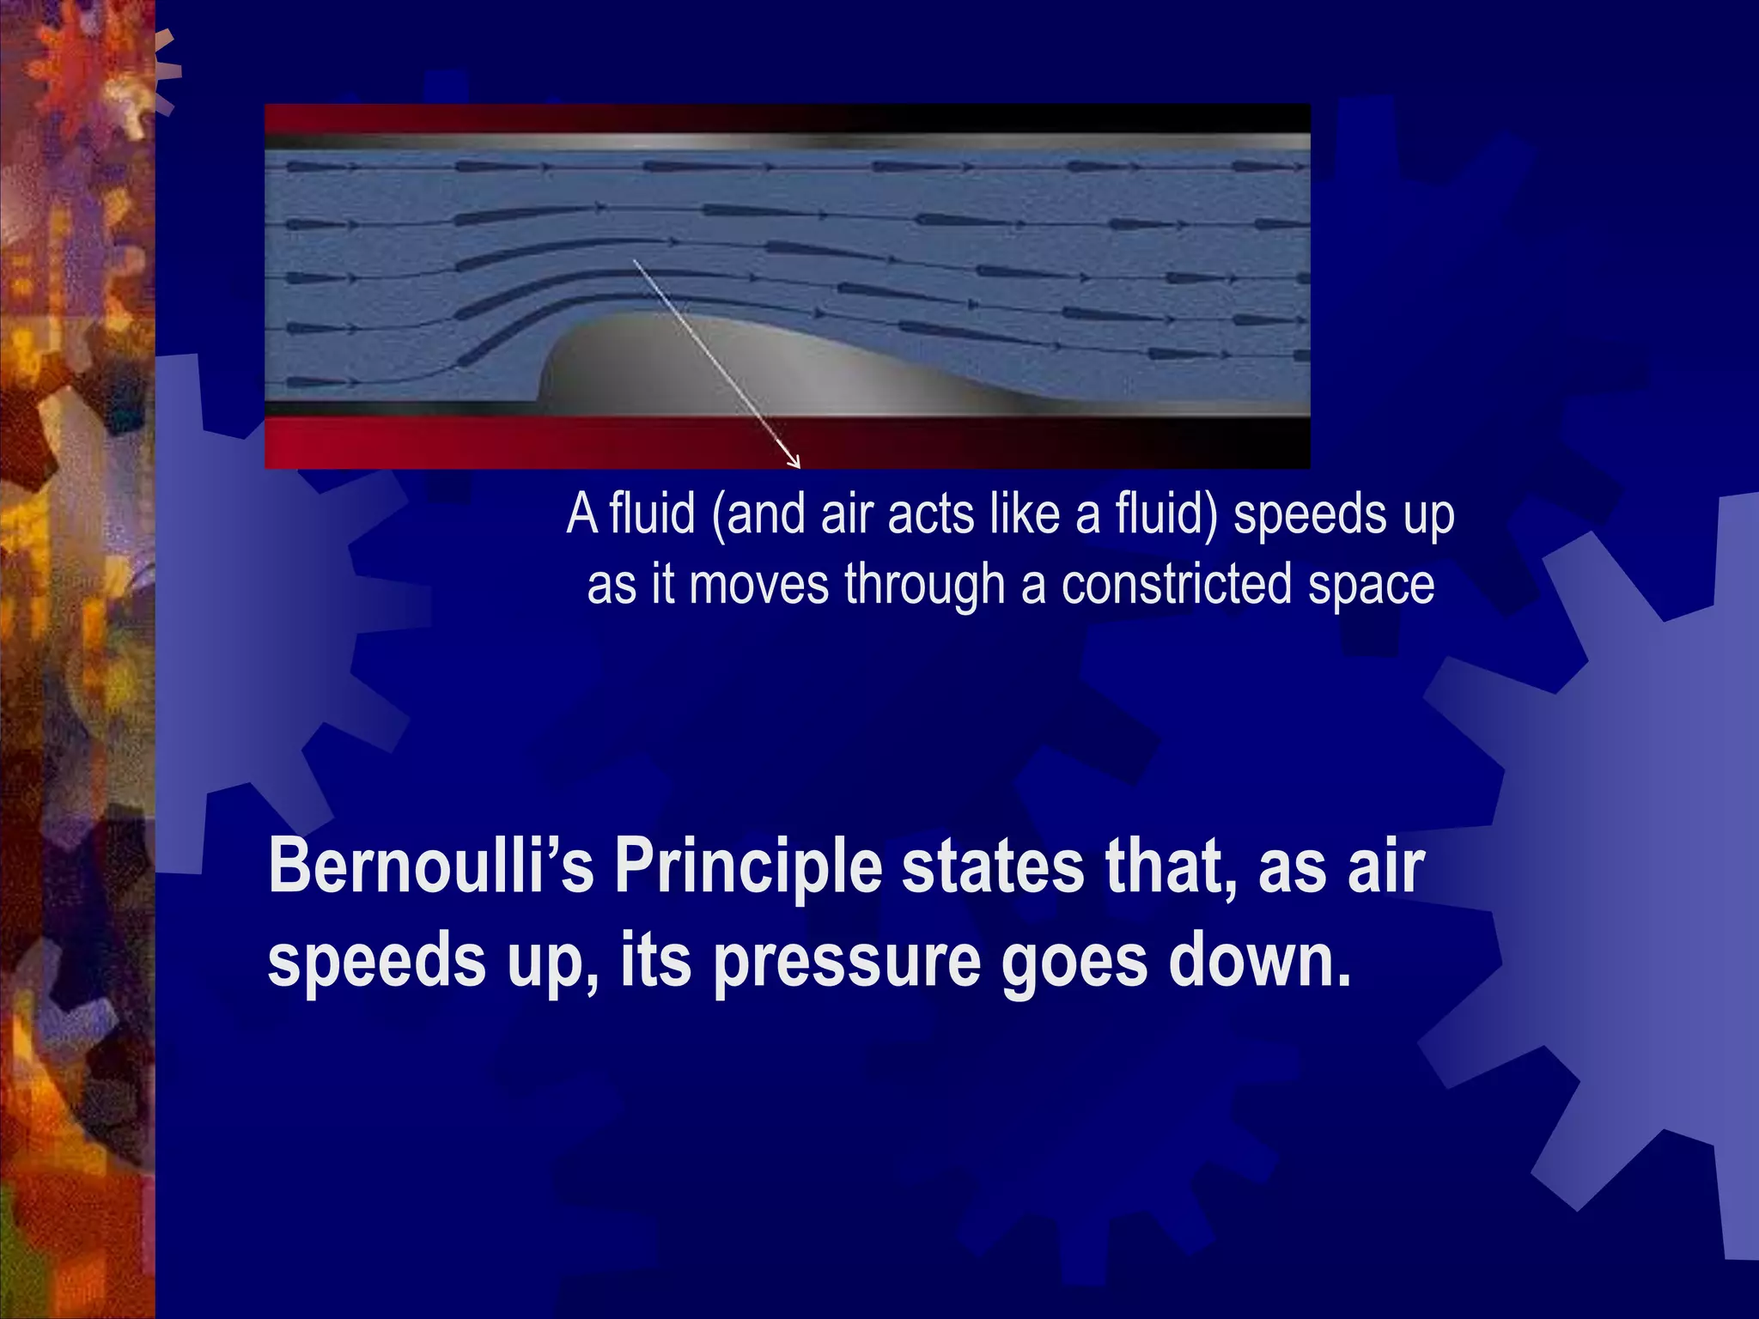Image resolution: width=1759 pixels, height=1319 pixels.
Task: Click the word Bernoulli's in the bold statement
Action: (x=430, y=866)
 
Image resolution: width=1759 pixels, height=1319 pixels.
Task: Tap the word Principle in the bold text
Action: (x=748, y=867)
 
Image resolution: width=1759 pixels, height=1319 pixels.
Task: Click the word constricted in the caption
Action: (x=1176, y=585)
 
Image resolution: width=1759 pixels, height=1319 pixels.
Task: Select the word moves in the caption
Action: (x=758, y=585)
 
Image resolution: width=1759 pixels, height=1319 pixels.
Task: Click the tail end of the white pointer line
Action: (x=635, y=259)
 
